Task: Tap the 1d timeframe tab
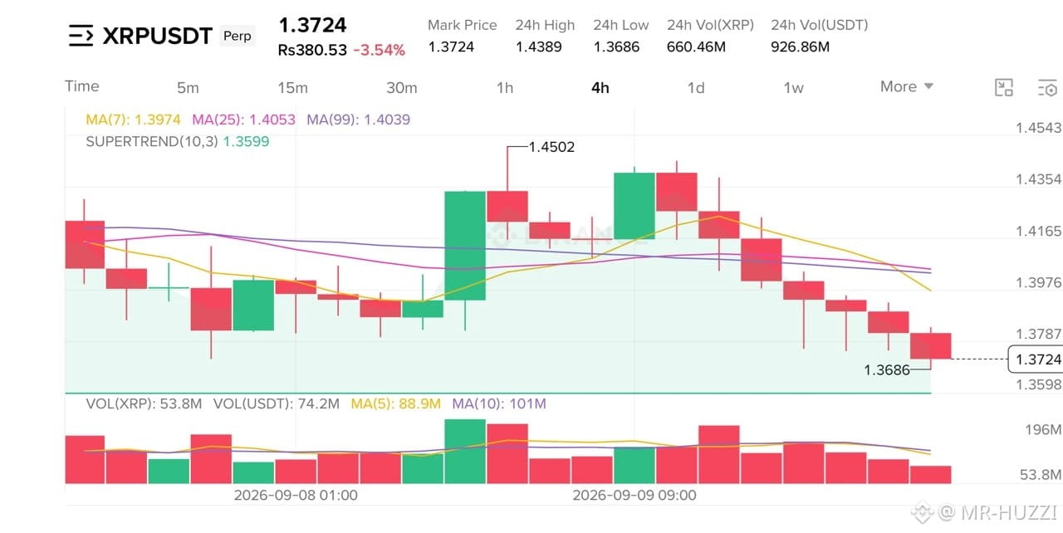pyautogui.click(x=696, y=88)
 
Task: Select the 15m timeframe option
pyautogui.click(x=292, y=88)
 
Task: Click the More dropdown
pyautogui.click(x=906, y=86)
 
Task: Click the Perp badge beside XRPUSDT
pyautogui.click(x=238, y=36)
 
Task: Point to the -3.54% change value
pyautogui.click(x=380, y=50)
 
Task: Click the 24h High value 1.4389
pyautogui.click(x=539, y=47)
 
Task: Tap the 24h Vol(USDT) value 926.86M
pyautogui.click(x=800, y=47)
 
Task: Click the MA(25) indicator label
pyautogui.click(x=243, y=120)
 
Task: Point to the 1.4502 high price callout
pyautogui.click(x=551, y=147)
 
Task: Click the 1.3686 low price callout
pyautogui.click(x=886, y=370)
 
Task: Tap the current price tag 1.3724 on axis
pyautogui.click(x=1037, y=359)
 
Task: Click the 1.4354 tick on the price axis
pyautogui.click(x=1038, y=179)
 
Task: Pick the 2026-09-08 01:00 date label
pyautogui.click(x=296, y=495)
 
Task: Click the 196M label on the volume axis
pyautogui.click(x=1042, y=429)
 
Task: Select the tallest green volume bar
pyautogui.click(x=465, y=452)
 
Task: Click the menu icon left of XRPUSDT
pyautogui.click(x=81, y=36)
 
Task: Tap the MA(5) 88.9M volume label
pyautogui.click(x=396, y=403)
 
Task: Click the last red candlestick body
pyautogui.click(x=931, y=345)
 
